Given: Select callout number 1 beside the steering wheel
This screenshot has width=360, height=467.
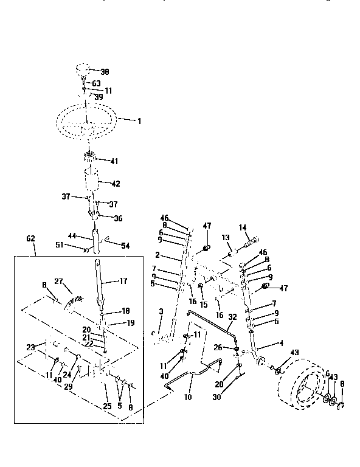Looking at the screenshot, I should click(x=139, y=122).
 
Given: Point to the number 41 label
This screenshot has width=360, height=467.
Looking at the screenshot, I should click(x=114, y=161).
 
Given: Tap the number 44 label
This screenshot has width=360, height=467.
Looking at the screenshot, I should click(x=72, y=235).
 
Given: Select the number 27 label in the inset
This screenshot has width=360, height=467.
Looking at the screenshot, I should click(x=59, y=281).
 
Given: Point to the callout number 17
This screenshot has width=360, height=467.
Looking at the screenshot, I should click(x=123, y=281).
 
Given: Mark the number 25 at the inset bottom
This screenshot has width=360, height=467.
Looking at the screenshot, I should click(x=107, y=405).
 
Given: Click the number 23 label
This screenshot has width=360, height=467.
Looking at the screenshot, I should click(x=31, y=347).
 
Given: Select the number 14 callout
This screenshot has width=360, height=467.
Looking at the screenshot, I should click(x=243, y=227).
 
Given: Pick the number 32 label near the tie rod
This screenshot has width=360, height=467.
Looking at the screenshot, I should click(x=232, y=317).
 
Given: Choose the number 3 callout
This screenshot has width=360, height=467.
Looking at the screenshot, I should click(x=161, y=311).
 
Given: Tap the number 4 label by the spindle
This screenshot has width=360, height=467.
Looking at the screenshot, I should click(x=280, y=344).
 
